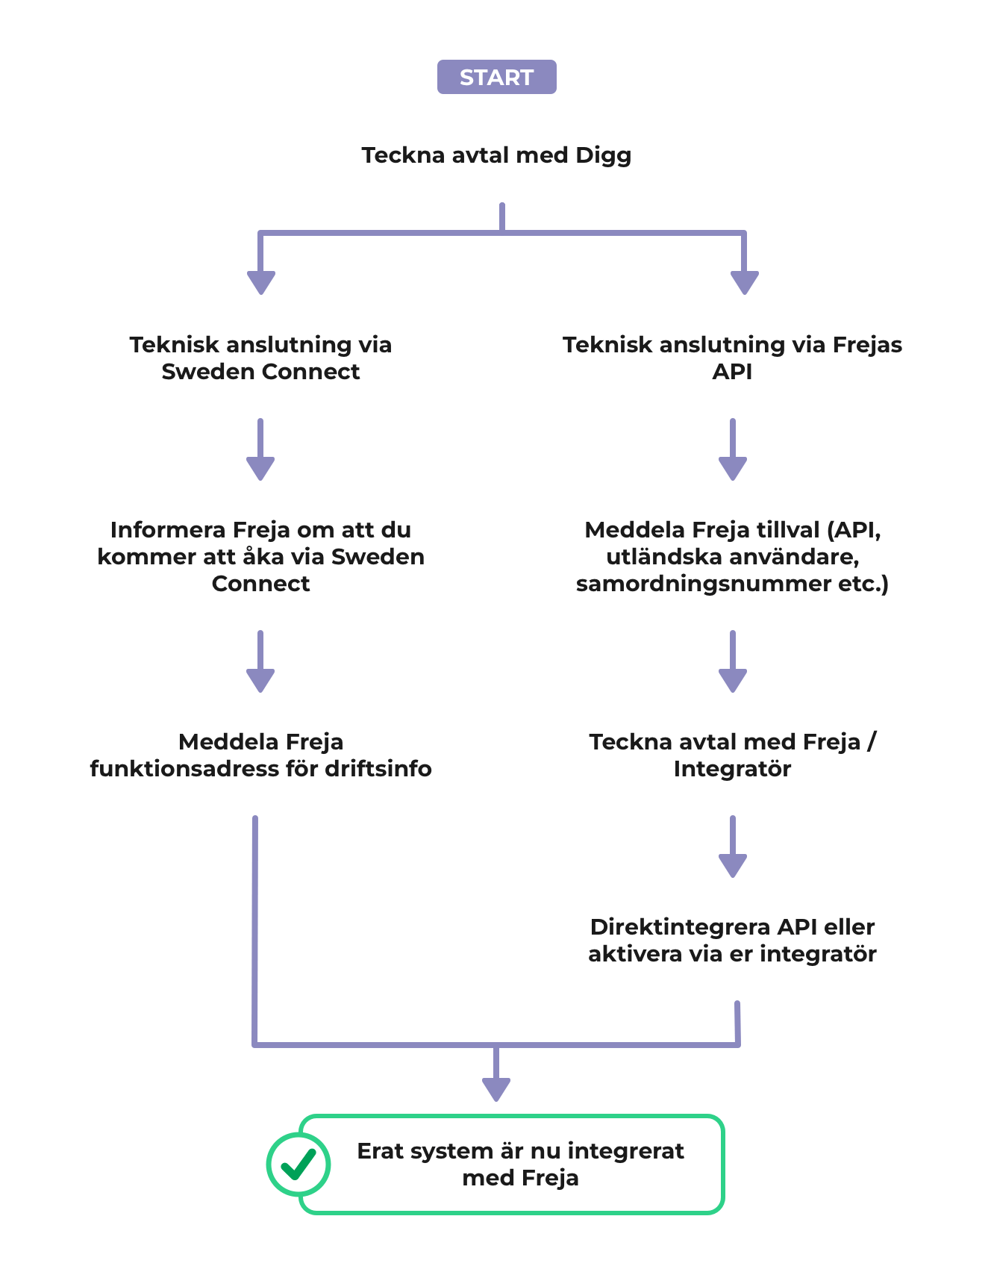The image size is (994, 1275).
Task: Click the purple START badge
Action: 496,77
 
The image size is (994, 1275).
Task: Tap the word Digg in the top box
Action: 603,155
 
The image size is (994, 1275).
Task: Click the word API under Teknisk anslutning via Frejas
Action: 732,372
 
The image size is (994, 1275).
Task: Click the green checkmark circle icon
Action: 298,1164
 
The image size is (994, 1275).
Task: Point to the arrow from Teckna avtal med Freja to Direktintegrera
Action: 732,847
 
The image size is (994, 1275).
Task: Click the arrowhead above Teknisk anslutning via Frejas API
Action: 744,283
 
